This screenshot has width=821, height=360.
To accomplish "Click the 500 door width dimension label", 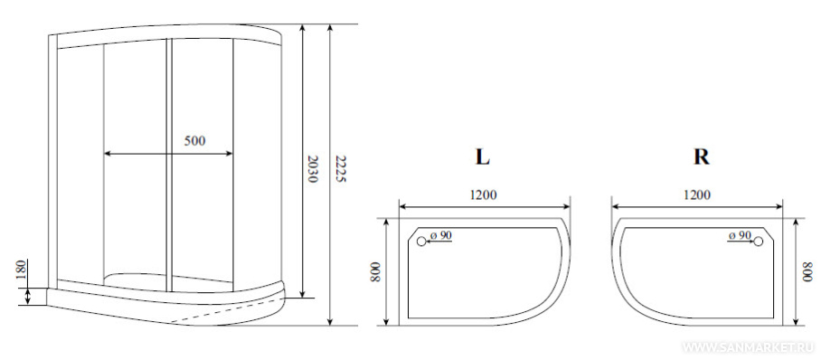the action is click(x=194, y=140).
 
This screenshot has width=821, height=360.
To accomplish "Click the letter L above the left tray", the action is click(x=482, y=157).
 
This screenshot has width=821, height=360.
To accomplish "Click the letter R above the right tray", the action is click(x=701, y=157).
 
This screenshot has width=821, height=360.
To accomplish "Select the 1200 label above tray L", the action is click(x=482, y=195).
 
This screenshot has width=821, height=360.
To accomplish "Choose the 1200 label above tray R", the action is click(x=696, y=195).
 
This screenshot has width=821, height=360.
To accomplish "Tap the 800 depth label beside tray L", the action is click(x=375, y=272).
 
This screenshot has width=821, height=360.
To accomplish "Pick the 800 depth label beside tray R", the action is click(x=808, y=272).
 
